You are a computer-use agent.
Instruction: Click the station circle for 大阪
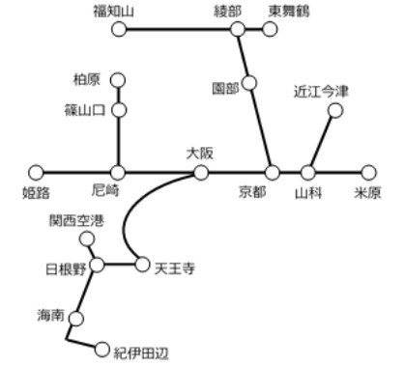tap(201, 173)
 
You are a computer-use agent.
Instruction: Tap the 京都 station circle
tap(273, 173)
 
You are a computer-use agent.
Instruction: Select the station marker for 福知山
tap(119, 30)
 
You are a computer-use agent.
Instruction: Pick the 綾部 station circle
tap(238, 30)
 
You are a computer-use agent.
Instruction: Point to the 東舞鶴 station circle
tap(270, 30)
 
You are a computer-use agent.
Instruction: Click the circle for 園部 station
tap(250, 83)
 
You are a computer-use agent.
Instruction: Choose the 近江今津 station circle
tap(335, 111)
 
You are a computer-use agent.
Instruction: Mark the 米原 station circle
tap(367, 173)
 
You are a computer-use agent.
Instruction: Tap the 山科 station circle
tap(308, 173)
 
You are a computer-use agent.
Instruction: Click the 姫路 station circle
tap(37, 173)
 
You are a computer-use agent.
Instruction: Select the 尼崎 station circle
tap(119, 173)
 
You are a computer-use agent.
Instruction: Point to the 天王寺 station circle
tap(143, 263)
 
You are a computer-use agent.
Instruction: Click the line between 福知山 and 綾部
tap(179, 30)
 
